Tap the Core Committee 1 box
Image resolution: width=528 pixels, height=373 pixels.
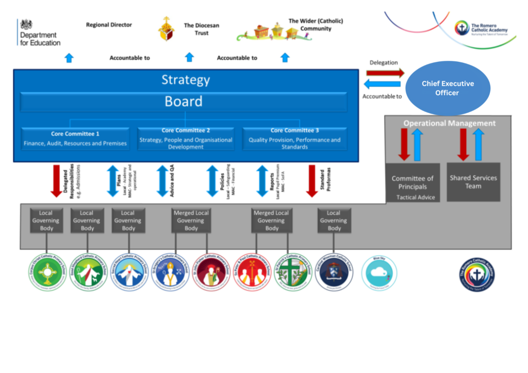[x=75, y=139]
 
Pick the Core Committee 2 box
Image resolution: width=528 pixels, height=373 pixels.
[x=186, y=139]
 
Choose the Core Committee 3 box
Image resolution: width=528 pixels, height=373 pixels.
[x=294, y=139]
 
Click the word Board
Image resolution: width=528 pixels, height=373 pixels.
[x=184, y=101]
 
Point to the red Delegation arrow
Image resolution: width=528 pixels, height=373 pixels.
[x=385, y=73]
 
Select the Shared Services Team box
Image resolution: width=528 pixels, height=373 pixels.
[x=473, y=182]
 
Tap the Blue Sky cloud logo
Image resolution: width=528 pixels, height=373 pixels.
[x=379, y=271]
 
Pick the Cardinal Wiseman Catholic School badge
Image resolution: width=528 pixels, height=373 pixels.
[x=334, y=272]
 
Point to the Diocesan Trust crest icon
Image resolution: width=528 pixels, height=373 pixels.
[x=166, y=29]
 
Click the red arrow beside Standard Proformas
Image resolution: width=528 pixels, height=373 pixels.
[x=311, y=180]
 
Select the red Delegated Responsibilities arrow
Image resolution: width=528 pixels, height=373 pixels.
[x=56, y=180]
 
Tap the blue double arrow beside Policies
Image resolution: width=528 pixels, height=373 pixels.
[x=212, y=180]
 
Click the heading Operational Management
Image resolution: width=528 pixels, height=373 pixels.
[x=449, y=123]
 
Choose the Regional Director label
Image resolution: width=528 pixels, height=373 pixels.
[x=109, y=25]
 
